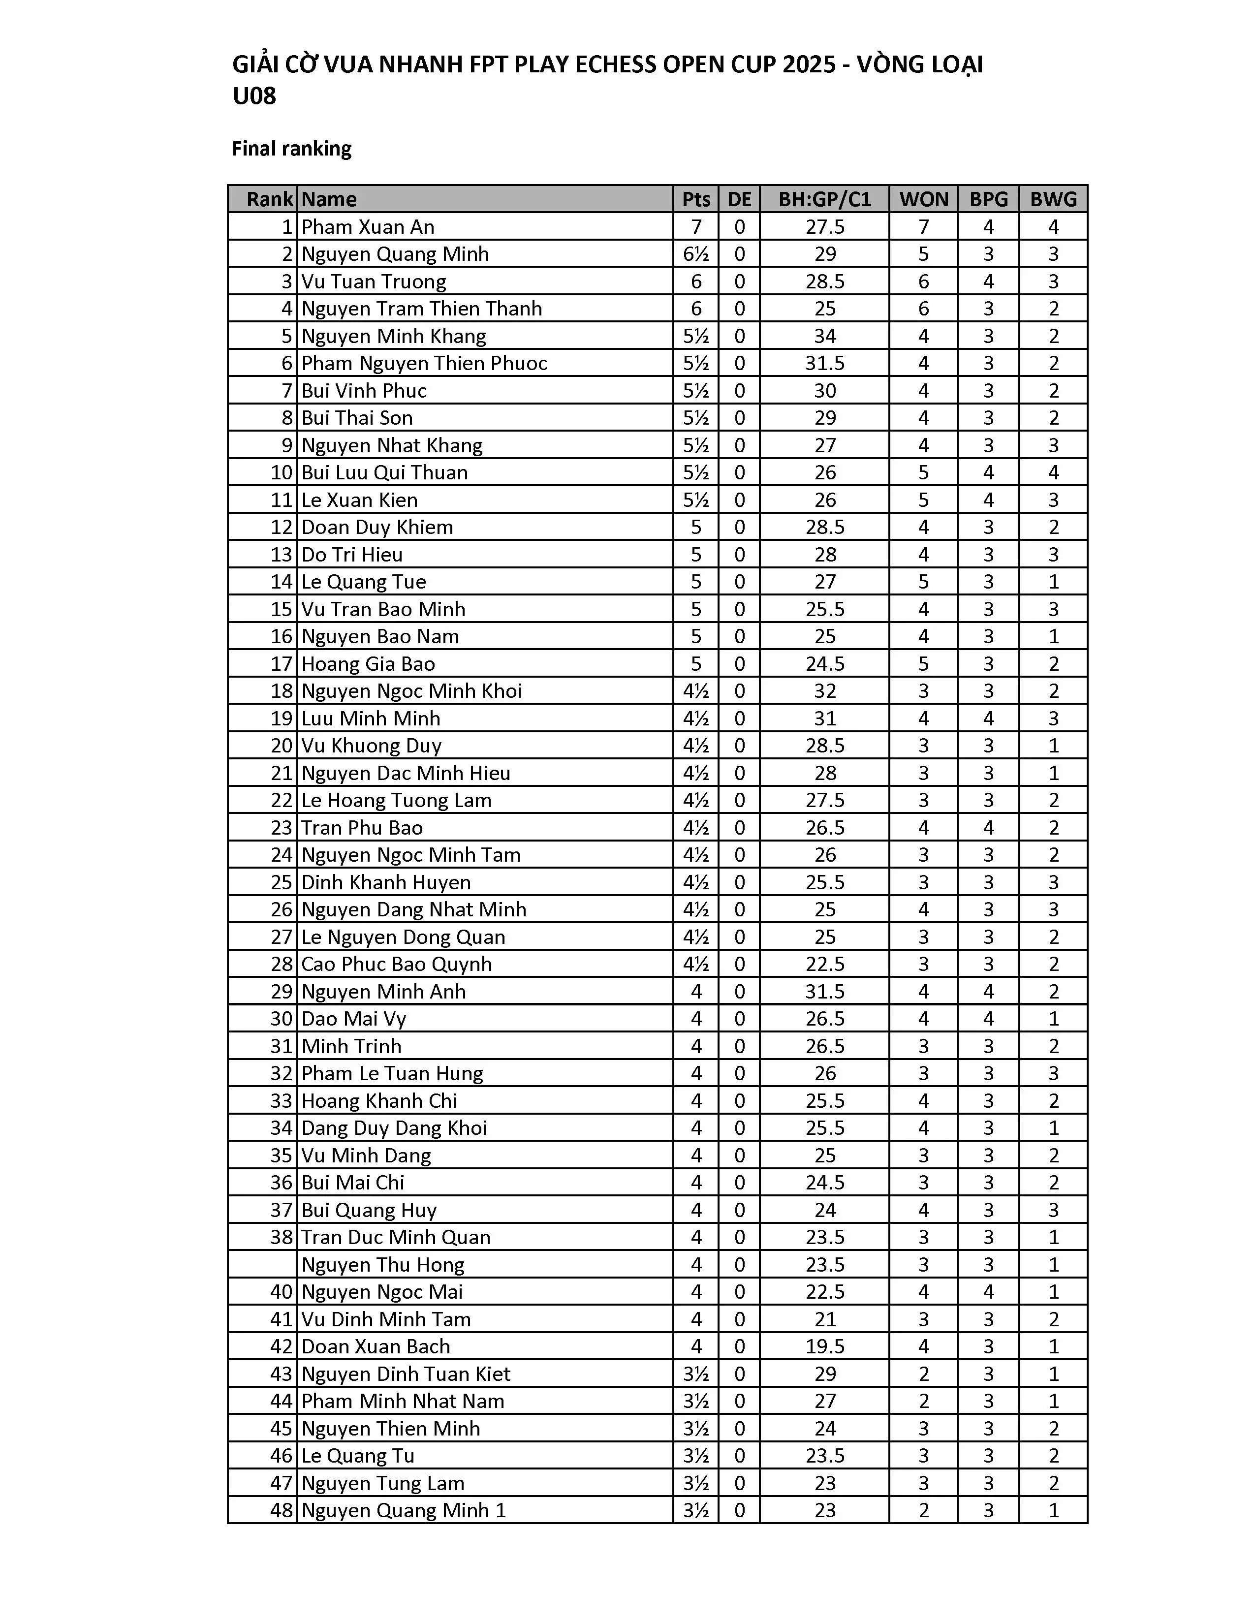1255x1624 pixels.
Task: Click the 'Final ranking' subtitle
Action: [291, 149]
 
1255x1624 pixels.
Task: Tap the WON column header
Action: [923, 199]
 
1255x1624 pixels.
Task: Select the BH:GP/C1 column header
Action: [824, 199]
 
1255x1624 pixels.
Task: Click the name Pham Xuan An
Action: [368, 227]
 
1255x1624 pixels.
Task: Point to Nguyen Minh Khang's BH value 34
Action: [824, 336]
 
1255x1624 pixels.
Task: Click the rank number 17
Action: [282, 664]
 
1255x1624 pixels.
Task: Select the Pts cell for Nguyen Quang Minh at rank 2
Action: [696, 254]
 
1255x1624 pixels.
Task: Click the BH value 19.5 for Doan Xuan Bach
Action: [824, 1346]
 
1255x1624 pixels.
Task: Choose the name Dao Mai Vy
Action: [354, 1019]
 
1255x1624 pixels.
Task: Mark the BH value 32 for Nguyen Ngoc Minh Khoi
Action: [824, 691]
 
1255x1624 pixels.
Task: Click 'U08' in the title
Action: [254, 96]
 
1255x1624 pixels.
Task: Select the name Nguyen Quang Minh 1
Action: [404, 1510]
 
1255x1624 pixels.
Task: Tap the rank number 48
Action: [282, 1510]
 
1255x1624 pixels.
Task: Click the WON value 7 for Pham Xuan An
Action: [923, 227]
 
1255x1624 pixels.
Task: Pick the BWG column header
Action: [1053, 199]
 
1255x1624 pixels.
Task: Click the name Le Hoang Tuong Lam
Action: [396, 801]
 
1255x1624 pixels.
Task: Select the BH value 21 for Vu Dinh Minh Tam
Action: [824, 1319]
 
